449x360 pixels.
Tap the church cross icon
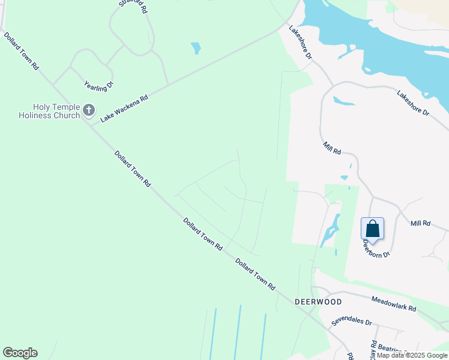click(89, 110)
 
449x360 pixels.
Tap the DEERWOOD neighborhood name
click(318, 302)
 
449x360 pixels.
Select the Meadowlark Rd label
click(394, 303)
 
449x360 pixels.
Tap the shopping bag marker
click(372, 229)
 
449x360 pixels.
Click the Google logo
click(20, 353)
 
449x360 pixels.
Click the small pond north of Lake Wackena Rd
click(196, 48)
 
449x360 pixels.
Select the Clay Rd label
click(373, 350)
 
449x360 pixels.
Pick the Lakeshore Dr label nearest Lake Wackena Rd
click(301, 42)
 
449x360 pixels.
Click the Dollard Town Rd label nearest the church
click(133, 168)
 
